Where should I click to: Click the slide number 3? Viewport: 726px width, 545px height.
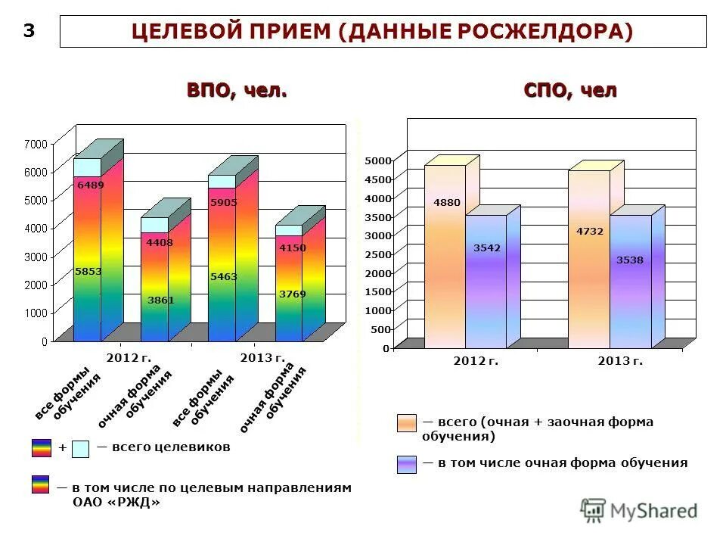(29, 30)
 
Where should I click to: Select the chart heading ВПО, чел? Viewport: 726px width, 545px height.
(237, 91)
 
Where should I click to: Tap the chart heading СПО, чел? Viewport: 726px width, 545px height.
(570, 91)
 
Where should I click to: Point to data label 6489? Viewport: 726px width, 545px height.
(90, 185)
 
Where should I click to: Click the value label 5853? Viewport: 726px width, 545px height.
(88, 271)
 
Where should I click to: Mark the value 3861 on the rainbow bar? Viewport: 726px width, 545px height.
(160, 300)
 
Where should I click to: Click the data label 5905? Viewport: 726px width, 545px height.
(224, 202)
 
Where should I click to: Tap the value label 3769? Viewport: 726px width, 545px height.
(292, 294)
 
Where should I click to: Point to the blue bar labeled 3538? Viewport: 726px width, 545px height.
(630, 284)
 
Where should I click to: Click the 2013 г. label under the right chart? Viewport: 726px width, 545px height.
(620, 361)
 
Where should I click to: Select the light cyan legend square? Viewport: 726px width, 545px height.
(81, 449)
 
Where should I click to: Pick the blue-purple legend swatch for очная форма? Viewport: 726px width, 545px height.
(406, 464)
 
